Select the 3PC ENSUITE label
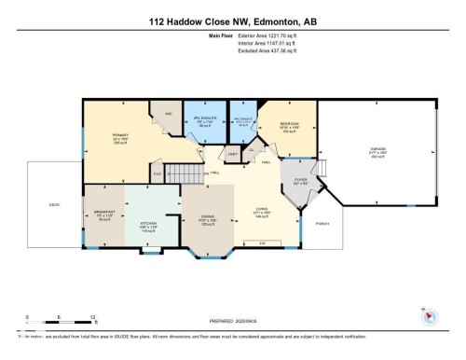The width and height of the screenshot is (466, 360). [x=203, y=118]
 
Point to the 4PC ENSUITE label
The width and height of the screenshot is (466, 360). [x=241, y=119]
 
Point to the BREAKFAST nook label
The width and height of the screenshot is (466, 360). [x=103, y=214]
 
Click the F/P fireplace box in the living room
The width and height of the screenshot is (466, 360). [x=262, y=243]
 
